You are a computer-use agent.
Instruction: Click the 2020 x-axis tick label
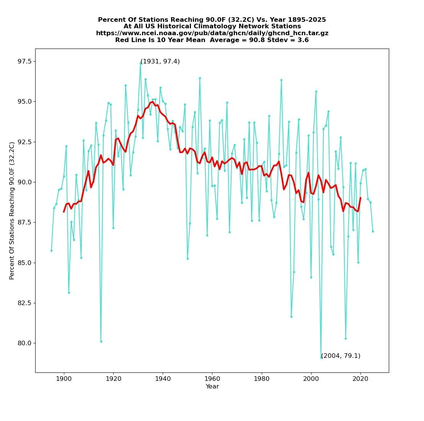pyautogui.click(x=360, y=379)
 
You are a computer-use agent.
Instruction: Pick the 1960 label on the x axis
pyautogui.click(x=212, y=379)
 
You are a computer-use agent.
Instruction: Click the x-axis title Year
pyautogui.click(x=212, y=387)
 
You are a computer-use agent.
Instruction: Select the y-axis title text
pyautogui.click(x=12, y=211)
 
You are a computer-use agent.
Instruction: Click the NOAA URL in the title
pyautogui.click(x=212, y=33)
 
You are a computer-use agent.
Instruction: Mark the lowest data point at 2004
pyautogui.click(x=321, y=358)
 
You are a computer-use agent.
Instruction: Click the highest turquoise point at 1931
pyautogui.click(x=140, y=63)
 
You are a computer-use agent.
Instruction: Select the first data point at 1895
pyautogui.click(x=52, y=250)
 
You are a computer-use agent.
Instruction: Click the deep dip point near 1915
pyautogui.click(x=101, y=341)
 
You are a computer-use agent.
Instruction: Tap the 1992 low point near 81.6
pyautogui.click(x=291, y=317)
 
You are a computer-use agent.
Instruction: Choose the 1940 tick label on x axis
pyautogui.click(x=163, y=379)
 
